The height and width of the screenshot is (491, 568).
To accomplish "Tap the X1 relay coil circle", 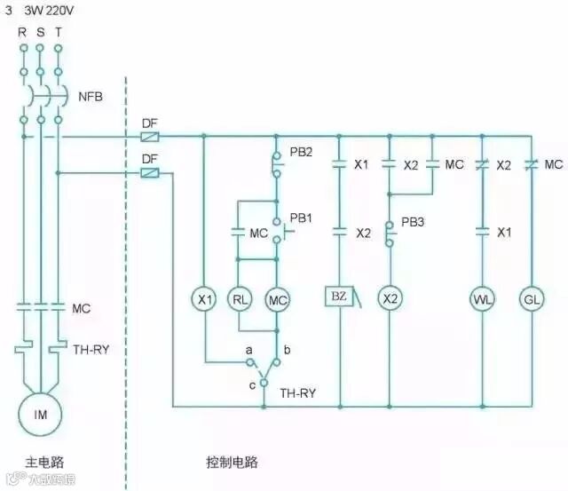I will pos(206,299).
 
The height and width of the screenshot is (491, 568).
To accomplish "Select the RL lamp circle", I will pos(241,299).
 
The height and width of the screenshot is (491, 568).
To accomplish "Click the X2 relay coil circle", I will pos(390,299).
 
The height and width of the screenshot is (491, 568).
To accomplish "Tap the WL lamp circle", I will pos(483,299).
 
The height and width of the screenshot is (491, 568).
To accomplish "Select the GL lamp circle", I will pos(531,299).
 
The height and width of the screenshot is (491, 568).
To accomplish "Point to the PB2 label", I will pos(301,153).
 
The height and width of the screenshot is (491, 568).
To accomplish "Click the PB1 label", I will pos(302,218).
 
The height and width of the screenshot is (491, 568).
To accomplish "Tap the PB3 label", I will pos(413,222).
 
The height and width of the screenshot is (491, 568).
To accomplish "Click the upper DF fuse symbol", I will pos(151,137).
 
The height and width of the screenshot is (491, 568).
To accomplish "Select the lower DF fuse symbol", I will pos(151,173).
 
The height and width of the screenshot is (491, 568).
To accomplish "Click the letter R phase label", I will pos(22,32).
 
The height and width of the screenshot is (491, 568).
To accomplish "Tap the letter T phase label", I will pos(59,32).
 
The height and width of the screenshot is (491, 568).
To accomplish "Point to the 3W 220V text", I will pos(48,12).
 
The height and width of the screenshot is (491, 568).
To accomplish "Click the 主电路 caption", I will pos(41,463).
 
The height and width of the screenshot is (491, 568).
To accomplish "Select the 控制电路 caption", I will pos(233,463).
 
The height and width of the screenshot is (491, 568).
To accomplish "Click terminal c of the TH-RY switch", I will pos(264,384).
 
